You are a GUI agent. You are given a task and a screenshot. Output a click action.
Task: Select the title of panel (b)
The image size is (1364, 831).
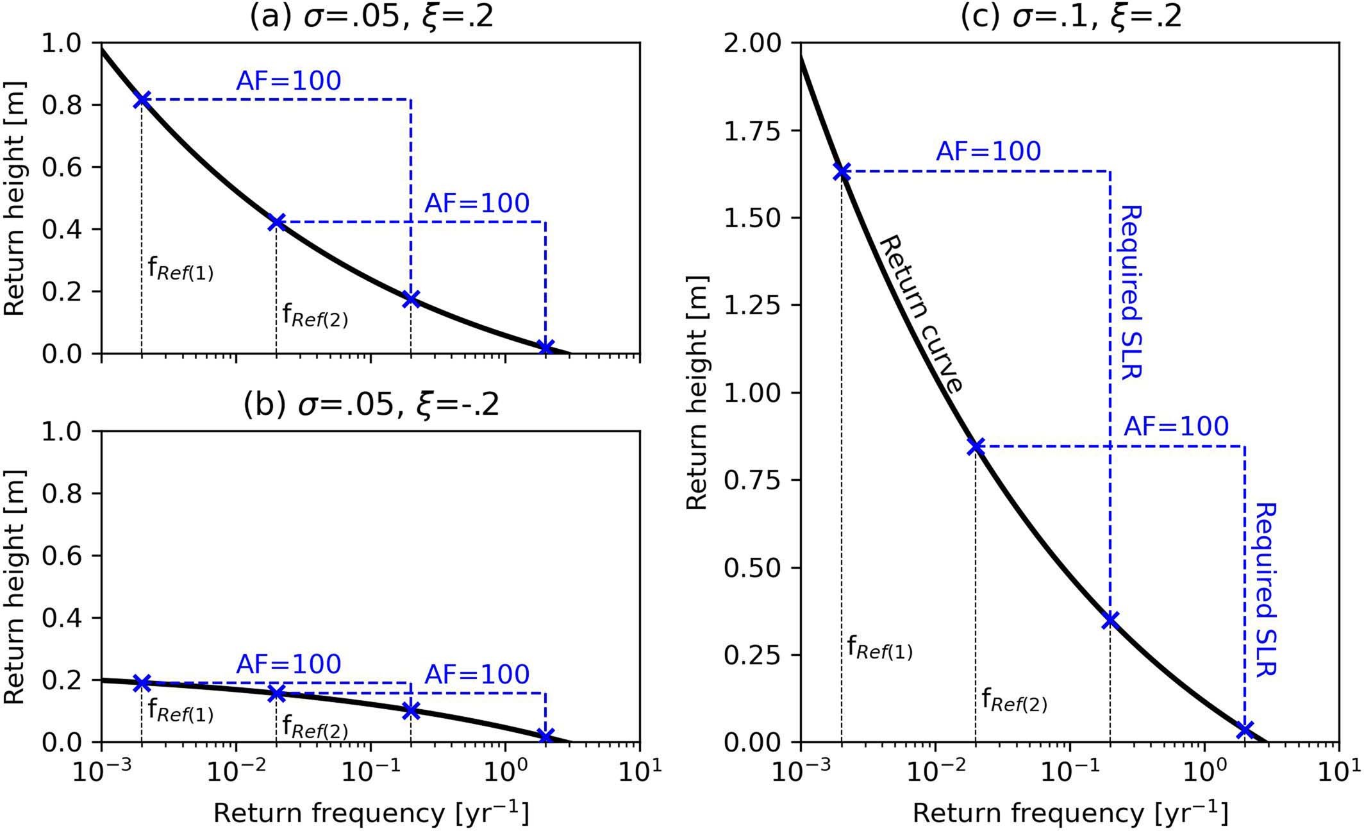pyautogui.click(x=371, y=405)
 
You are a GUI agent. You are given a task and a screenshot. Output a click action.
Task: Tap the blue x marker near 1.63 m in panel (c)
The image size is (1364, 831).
pyautogui.click(x=842, y=172)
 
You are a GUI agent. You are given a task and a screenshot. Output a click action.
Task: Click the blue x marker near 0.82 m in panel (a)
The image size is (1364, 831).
pyautogui.click(x=142, y=100)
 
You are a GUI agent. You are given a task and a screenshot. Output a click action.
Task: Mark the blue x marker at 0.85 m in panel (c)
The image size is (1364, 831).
pyautogui.click(x=976, y=447)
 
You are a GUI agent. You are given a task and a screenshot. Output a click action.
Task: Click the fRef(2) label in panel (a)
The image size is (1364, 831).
pyautogui.click(x=315, y=315)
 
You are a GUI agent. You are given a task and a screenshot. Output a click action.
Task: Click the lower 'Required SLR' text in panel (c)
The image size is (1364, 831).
pyautogui.click(x=1267, y=589)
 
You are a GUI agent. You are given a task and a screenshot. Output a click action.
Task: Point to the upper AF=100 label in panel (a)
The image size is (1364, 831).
pyautogui.click(x=288, y=81)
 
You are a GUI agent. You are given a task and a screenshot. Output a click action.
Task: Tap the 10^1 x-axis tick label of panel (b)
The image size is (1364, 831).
pyautogui.click(x=638, y=768)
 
